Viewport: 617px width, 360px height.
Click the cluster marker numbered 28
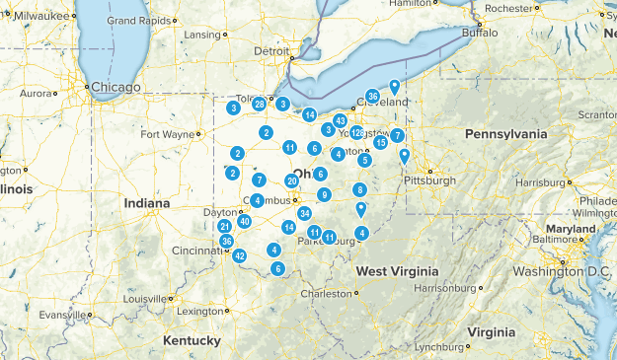pos(259,104)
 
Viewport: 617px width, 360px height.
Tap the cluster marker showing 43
pos(340,120)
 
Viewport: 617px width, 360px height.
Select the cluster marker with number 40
pos(244,221)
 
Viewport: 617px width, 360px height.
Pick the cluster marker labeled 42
pos(240,255)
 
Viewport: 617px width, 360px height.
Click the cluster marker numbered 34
pos(305,213)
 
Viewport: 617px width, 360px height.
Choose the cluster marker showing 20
pos(291,180)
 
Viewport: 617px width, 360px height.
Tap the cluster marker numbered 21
pos(225,226)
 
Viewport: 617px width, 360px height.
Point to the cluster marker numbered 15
pos(380,143)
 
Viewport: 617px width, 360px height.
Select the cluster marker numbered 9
pos(324,194)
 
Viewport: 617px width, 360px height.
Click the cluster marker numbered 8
pos(360,189)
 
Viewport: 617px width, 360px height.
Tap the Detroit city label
pos(272,51)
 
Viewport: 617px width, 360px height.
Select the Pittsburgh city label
pos(428,180)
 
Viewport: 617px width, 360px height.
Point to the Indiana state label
pos(147,203)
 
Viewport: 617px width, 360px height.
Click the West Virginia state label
pos(395,271)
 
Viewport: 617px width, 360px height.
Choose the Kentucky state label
pos(192,340)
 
